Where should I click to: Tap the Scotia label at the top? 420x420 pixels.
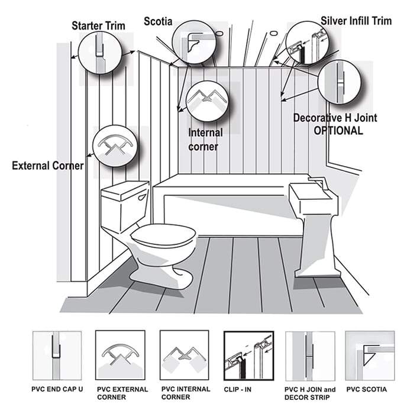(x=158, y=21)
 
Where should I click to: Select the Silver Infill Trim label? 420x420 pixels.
(x=356, y=21)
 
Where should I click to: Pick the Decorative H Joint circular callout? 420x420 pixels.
(x=339, y=82)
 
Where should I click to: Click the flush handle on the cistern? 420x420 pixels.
(x=143, y=198)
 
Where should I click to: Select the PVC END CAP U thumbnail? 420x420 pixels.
(x=57, y=356)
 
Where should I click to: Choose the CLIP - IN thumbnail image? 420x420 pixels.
(x=248, y=356)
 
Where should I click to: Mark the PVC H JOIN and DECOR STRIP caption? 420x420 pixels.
(x=310, y=393)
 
